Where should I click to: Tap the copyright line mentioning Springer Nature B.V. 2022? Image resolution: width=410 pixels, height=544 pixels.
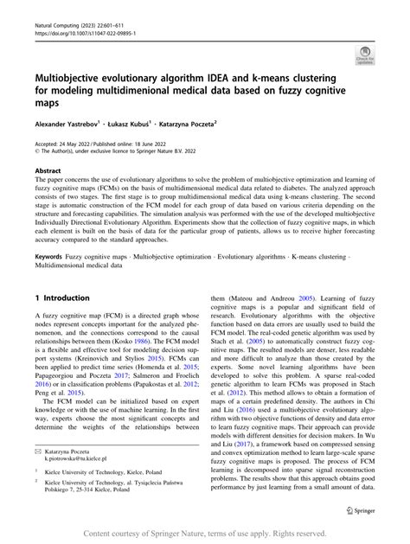click(120, 153)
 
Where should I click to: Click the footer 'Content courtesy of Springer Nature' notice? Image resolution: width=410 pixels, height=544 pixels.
click(204, 534)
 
